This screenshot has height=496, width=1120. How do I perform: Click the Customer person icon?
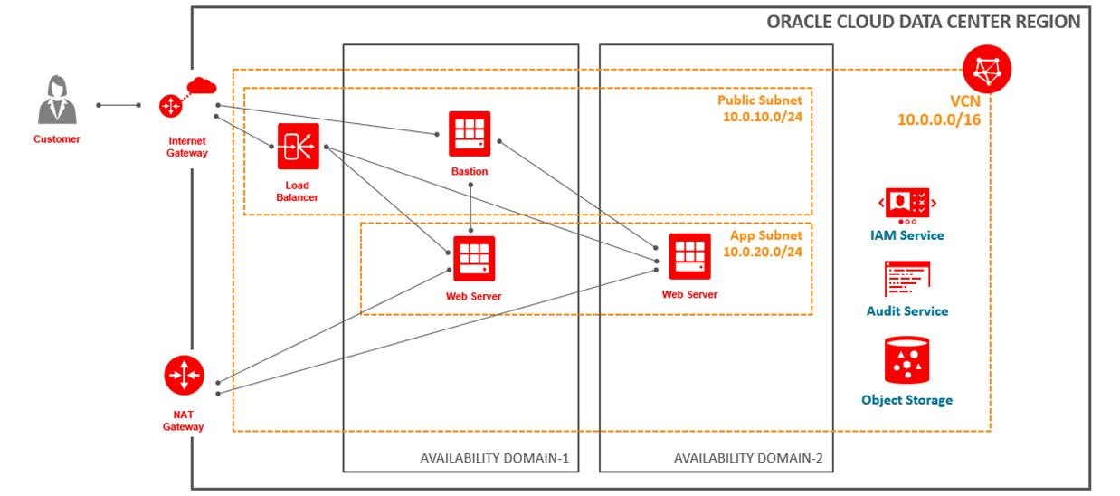coord(56,100)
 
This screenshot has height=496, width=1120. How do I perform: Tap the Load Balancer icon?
coord(298,147)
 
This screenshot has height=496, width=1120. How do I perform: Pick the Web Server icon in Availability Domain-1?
coord(473,258)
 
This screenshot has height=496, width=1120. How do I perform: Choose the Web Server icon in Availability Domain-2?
coord(689,256)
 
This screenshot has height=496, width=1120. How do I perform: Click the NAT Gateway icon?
coord(184,376)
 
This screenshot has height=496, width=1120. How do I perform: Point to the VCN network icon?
coord(987,70)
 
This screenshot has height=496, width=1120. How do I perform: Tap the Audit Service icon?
coord(906,278)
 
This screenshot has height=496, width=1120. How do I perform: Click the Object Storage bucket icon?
coord(906,359)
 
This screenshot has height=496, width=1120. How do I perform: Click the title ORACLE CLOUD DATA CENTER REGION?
coord(924,22)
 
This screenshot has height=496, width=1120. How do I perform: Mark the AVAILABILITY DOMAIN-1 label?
coord(494,458)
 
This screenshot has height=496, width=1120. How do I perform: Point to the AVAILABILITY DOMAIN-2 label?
coord(747,458)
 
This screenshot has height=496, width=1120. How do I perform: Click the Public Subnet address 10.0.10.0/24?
coord(761,118)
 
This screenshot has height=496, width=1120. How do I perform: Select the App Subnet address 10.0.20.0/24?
coord(762,252)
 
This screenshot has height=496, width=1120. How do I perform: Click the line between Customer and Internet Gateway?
coord(118,105)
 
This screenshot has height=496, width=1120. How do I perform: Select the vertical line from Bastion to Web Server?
coord(471,205)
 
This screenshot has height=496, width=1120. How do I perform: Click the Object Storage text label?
coord(906,399)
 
